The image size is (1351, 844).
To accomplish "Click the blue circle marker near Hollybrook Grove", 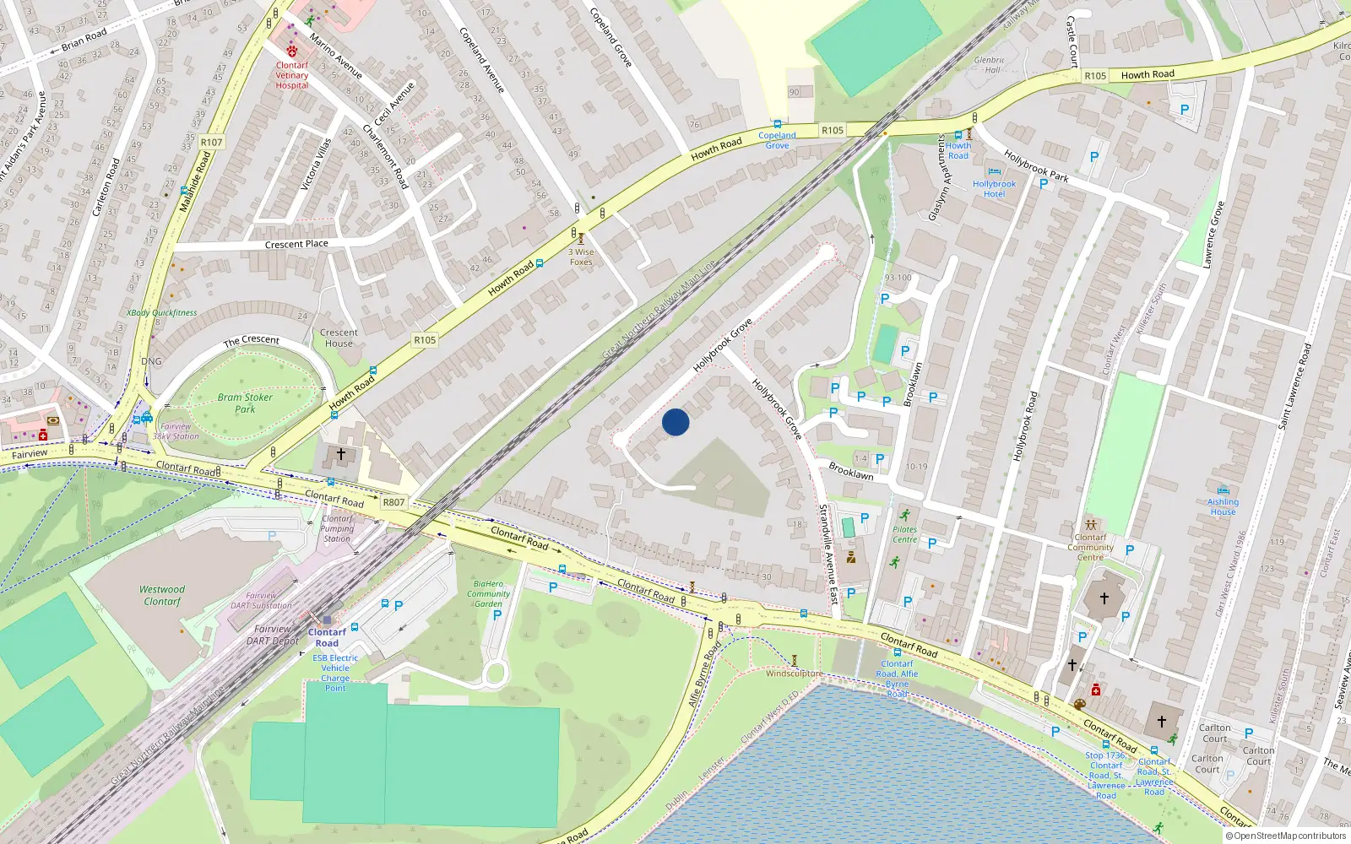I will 675,422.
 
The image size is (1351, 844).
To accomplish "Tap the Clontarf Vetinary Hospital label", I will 292,75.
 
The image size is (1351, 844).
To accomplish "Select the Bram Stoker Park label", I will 245,403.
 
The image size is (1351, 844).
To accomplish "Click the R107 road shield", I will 212,142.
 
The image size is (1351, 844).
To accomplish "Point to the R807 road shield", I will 393,502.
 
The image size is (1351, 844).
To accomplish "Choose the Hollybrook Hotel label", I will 995,189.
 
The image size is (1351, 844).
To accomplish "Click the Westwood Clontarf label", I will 162,596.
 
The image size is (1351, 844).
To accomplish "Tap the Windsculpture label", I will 794,674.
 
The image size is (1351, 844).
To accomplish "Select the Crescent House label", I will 339,338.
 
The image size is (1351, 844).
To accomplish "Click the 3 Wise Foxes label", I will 581,257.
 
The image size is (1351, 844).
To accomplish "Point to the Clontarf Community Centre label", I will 1090,547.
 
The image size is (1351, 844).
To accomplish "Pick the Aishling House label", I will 1223,506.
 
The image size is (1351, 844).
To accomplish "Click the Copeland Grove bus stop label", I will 777,140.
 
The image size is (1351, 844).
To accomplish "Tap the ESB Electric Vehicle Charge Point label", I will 335,673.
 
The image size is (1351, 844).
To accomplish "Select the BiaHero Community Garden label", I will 488,593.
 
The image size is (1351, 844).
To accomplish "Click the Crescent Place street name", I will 296,245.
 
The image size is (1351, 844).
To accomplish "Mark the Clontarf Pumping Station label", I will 337,528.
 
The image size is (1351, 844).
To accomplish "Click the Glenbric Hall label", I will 990,65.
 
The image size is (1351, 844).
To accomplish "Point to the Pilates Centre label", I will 904,534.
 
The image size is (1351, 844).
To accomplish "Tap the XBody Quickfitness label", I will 162,313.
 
